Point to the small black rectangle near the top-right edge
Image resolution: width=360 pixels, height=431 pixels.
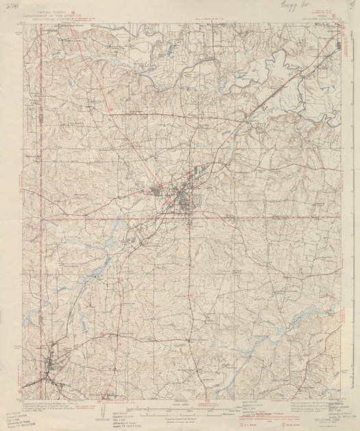[342, 46]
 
